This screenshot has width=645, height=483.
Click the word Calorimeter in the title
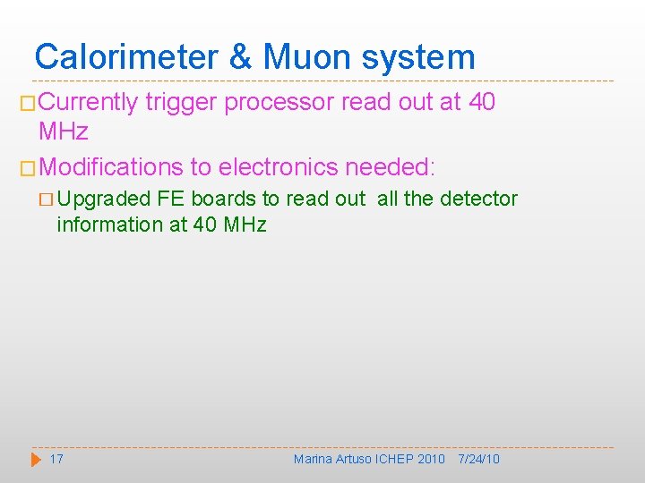126,57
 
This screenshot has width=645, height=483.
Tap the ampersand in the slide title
240,57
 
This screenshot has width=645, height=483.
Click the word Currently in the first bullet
88,103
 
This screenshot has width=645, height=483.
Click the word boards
223,199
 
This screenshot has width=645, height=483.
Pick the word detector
480,199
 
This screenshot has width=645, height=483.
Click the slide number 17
56,459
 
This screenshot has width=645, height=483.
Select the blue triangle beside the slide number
36,459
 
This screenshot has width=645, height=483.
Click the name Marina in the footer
313,459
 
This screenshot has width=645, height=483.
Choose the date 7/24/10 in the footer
478,459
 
